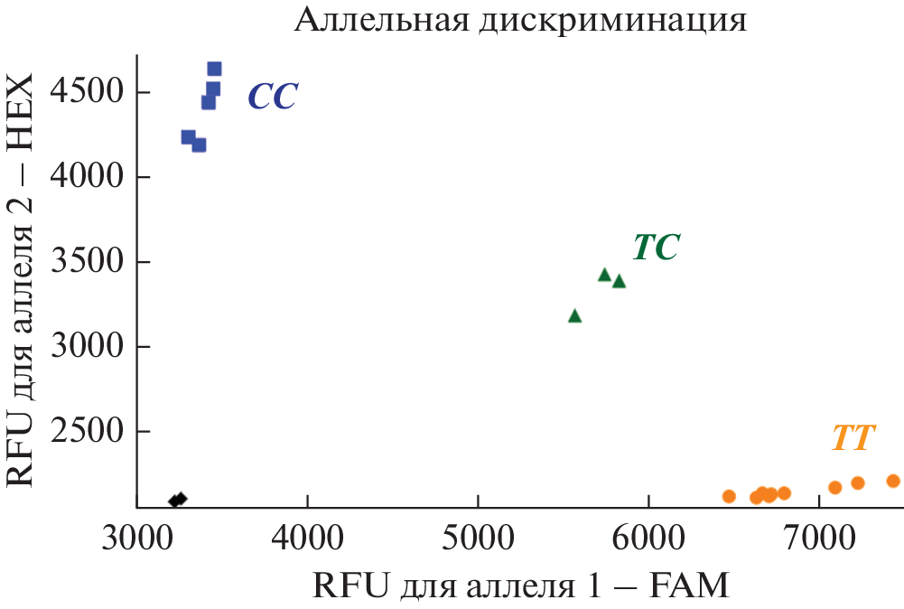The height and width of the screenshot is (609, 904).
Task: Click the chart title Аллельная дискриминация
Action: pos(520,20)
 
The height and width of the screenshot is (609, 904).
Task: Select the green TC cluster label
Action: pos(656,248)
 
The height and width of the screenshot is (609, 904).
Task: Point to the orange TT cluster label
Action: pos(853,439)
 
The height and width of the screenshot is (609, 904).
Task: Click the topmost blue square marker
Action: pos(214,69)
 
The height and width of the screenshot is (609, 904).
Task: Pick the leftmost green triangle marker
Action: pos(574,316)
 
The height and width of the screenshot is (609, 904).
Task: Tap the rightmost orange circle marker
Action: pos(893,481)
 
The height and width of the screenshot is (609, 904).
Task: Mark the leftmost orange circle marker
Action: pos(729,496)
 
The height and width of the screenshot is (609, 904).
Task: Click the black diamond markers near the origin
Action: pos(178,499)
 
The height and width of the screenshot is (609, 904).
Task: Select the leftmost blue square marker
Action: pos(188,137)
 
